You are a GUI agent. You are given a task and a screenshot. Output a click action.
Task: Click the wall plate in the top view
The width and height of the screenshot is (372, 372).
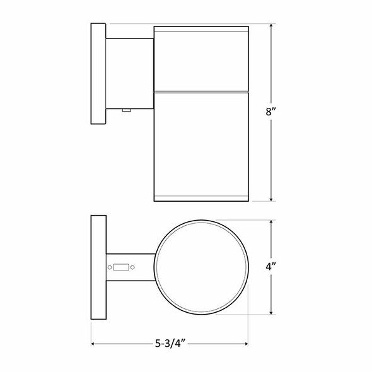pyautogui.click(x=98, y=267)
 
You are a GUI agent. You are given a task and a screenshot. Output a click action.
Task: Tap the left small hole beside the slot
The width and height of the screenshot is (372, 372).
pyautogui.click(x=110, y=267)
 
